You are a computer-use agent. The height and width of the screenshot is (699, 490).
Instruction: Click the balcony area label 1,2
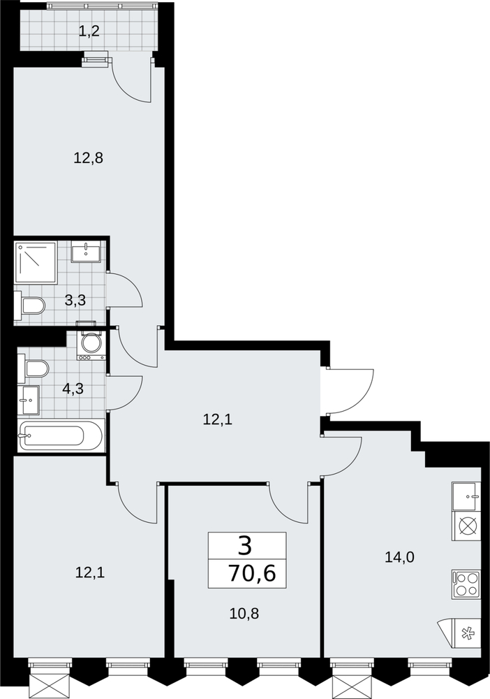pyautogui.click(x=89, y=31)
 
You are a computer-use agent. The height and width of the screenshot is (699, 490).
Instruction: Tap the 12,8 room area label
pyautogui.click(x=88, y=157)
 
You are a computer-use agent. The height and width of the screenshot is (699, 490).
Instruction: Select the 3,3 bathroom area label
pyautogui.click(x=75, y=301)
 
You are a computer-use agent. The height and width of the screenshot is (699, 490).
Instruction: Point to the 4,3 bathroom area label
pyautogui.click(x=73, y=389)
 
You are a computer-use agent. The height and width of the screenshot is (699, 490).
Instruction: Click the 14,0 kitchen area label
pyautogui.click(x=400, y=557)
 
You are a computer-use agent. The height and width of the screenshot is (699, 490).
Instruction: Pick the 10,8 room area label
pyautogui.click(x=244, y=614)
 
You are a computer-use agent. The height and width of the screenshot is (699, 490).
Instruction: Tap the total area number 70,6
pyautogui.click(x=252, y=573)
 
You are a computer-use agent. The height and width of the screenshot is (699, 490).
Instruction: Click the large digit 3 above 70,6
pyautogui.click(x=244, y=546)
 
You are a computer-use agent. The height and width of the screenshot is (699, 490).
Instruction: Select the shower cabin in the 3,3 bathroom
pyautogui.click(x=36, y=263)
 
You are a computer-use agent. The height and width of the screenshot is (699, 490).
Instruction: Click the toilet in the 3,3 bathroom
pyautogui.click(x=30, y=306)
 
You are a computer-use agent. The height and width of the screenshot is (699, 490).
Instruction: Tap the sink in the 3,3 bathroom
pyautogui.click(x=85, y=252)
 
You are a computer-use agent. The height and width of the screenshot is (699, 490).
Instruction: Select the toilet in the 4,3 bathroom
pyautogui.click(x=34, y=368)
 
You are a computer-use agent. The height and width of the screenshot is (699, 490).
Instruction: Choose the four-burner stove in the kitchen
pyautogui.click(x=466, y=584)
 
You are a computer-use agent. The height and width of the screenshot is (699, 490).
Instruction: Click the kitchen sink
pyautogui.click(x=466, y=496)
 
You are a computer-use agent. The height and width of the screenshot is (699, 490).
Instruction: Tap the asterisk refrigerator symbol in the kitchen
pyautogui.click(x=467, y=633)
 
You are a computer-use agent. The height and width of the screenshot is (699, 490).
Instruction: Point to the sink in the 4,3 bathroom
pyautogui.click(x=29, y=401)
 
